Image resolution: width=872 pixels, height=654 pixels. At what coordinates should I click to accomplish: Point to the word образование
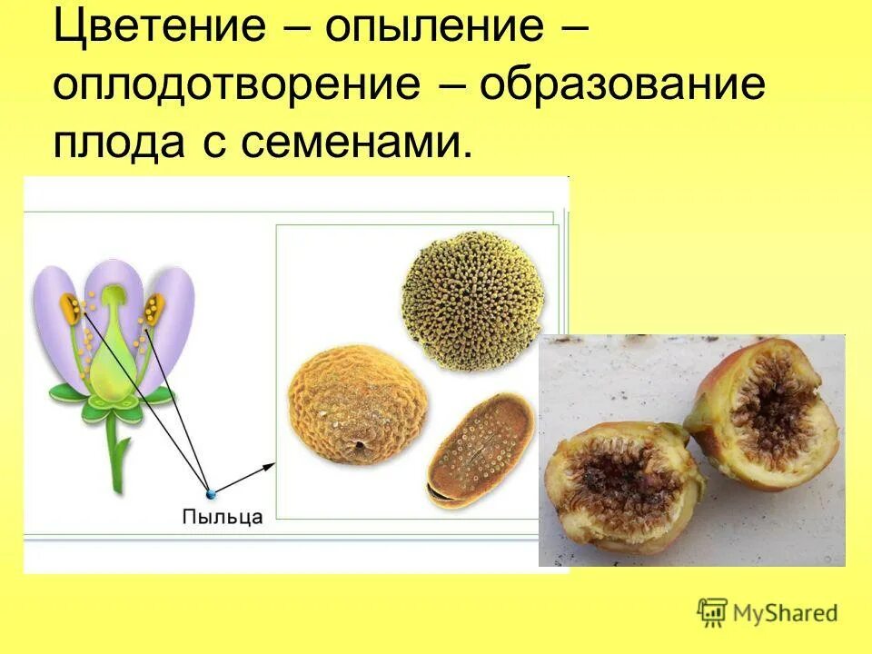(622, 86)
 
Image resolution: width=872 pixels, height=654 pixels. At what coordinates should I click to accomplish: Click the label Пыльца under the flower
(223, 517)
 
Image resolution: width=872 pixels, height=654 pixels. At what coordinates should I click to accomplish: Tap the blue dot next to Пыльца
(211, 493)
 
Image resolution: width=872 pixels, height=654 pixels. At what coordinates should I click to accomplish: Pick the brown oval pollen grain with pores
(479, 448)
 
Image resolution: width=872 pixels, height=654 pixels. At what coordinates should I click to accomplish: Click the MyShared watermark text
(785, 613)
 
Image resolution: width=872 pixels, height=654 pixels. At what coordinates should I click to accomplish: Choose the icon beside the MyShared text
(713, 612)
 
